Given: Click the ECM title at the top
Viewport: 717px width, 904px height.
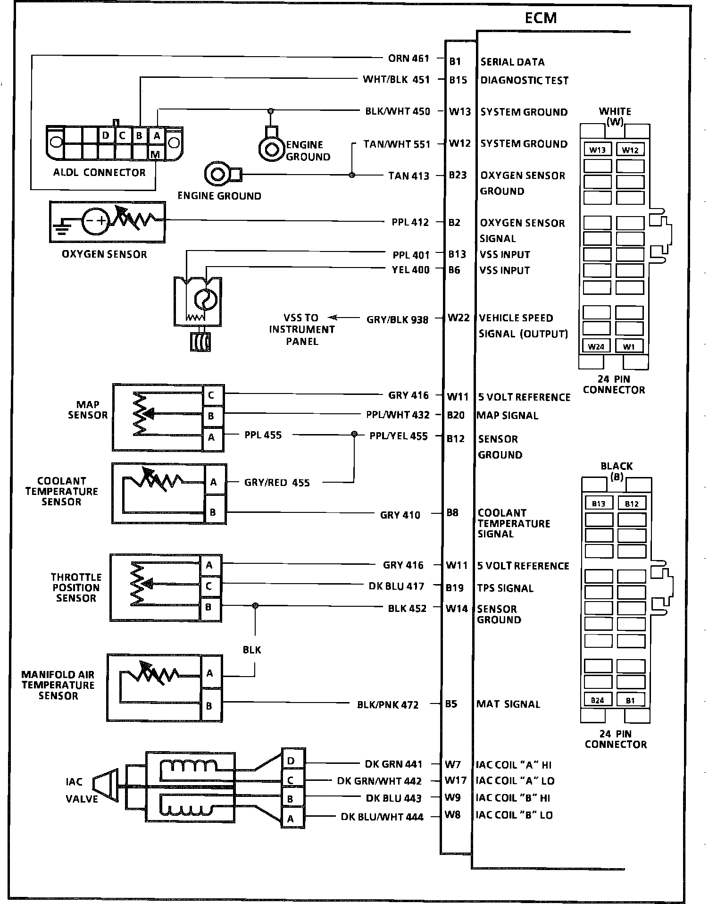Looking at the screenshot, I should (541, 18).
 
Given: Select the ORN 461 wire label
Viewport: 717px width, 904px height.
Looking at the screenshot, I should (409, 59).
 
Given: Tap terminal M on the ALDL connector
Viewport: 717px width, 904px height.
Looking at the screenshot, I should (155, 154).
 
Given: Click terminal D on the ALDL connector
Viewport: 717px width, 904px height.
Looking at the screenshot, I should (106, 135).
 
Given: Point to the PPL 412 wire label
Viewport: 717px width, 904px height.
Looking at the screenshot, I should (410, 222).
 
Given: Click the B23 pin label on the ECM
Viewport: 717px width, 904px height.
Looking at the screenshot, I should (457, 175).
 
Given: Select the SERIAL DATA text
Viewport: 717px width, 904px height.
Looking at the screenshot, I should (512, 62).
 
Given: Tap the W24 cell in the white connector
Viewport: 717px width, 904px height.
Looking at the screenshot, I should (596, 347).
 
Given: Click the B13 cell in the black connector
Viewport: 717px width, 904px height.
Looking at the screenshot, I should (598, 504).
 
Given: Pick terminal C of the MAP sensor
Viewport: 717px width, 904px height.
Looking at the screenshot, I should (211, 395).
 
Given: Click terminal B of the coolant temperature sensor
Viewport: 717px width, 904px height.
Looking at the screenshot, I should (213, 512).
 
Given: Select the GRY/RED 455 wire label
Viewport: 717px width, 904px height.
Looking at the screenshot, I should (277, 483).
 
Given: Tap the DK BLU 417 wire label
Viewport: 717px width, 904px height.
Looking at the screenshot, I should (396, 586).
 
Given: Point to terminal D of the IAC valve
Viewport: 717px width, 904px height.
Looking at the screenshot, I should (291, 761).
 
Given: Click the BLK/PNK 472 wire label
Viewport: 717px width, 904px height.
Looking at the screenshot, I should (388, 705).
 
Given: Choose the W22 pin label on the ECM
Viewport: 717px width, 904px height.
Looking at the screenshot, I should (459, 318).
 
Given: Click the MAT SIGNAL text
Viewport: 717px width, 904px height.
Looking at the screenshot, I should (508, 704).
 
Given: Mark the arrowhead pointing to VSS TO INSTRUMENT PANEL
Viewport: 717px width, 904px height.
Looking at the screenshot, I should (332, 318).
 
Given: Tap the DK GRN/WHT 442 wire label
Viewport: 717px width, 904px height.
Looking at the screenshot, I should (379, 781).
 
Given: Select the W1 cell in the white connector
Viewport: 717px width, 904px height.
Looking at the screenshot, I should (629, 347).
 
